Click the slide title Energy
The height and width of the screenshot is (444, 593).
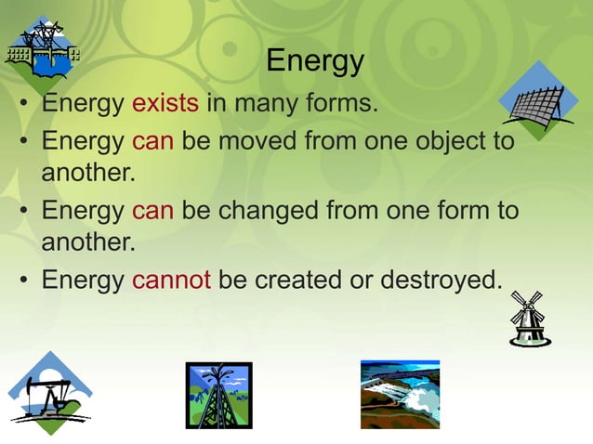point(314,62)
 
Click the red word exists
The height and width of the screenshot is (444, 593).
point(165,102)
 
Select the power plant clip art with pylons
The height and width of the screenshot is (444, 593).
point(41,51)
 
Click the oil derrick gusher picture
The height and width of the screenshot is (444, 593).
point(218,394)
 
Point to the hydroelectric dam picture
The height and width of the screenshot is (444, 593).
point(400,394)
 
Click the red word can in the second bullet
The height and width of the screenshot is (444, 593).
point(152,143)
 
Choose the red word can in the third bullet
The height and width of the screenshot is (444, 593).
point(152,211)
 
